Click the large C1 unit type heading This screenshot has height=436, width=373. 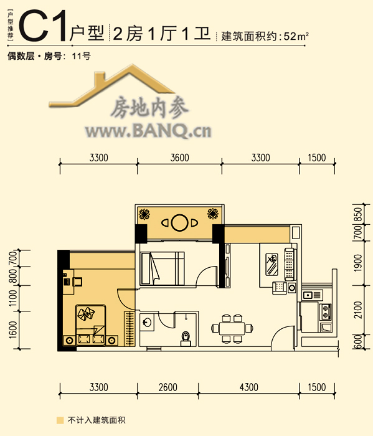point(44,26)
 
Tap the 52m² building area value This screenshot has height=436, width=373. point(296,36)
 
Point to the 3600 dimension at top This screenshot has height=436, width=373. point(179,158)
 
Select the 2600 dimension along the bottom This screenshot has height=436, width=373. point(168,387)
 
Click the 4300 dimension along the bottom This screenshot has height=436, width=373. point(248,387)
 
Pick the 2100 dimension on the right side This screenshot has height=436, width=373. point(358,310)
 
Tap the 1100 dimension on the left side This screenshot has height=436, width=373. point(13,298)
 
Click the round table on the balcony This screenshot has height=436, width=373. point(179,222)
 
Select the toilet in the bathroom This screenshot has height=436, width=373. point(186,339)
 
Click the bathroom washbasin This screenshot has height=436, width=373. point(146,322)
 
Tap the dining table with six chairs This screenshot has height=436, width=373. point(232,328)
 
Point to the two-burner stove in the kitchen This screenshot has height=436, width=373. point(325,311)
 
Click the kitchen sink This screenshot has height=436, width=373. point(312,295)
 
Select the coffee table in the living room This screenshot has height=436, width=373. point(271,265)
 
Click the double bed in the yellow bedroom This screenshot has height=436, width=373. point(91,325)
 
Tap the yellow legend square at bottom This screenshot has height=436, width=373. point(60,420)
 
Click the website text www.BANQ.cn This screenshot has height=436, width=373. point(148,131)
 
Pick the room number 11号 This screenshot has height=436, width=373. point(81,56)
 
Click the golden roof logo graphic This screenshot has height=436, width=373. point(111,86)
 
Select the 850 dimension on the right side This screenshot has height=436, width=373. point(358,214)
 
